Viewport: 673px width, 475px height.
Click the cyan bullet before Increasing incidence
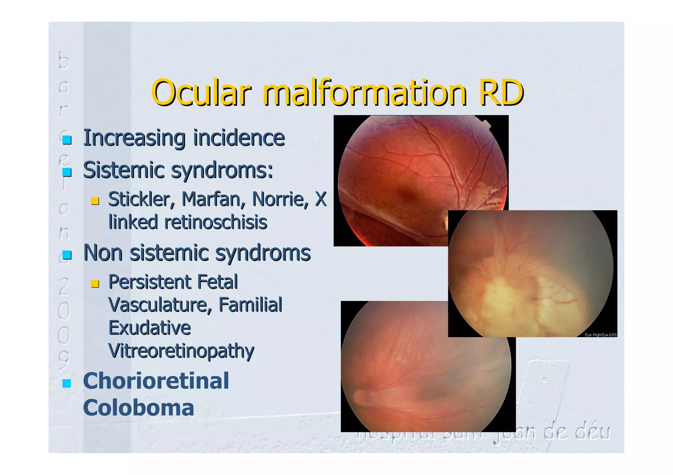point(67,140)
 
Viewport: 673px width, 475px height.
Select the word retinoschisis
point(216,222)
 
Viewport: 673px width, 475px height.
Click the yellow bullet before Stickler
point(95,201)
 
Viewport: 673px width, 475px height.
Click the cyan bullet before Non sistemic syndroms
point(67,255)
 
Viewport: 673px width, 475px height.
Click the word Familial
point(250,305)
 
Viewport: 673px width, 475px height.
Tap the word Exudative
point(150,328)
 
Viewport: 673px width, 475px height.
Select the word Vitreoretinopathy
point(181,351)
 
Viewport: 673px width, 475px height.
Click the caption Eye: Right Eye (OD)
point(600,335)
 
